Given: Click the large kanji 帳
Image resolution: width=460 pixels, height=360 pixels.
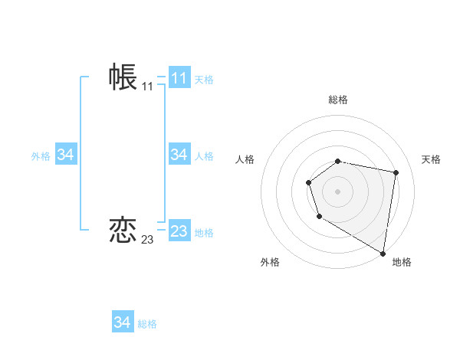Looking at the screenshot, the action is (x=123, y=77).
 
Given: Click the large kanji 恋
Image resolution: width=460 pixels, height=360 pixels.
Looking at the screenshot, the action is (x=123, y=230).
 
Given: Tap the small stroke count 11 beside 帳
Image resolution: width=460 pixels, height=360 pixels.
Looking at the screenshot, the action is (x=147, y=87).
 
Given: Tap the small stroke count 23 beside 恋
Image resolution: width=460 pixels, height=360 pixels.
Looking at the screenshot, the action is (x=147, y=240).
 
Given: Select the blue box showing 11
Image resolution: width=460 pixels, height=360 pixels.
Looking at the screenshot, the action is (x=179, y=78).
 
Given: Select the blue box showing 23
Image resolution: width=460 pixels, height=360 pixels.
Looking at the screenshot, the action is (x=179, y=231).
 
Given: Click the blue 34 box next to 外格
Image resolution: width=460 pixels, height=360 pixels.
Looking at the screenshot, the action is (x=65, y=155).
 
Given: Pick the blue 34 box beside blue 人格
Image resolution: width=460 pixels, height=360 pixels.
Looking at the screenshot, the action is (x=179, y=155).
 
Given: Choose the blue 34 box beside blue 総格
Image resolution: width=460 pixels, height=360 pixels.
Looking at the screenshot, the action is (x=123, y=322).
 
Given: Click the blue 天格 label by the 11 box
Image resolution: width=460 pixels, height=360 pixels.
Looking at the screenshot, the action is (x=204, y=79).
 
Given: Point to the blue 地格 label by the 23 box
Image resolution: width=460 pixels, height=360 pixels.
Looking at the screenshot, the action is (x=204, y=232).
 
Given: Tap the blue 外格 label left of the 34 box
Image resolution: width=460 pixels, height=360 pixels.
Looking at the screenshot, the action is (x=41, y=155).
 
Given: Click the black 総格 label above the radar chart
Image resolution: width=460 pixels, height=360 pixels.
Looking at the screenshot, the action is (x=338, y=100).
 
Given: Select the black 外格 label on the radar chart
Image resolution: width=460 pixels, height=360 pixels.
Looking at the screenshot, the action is (x=270, y=262).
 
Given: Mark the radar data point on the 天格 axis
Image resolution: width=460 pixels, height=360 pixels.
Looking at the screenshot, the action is (x=396, y=172).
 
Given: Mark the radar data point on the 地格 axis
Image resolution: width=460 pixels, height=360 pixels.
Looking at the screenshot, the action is (x=383, y=253).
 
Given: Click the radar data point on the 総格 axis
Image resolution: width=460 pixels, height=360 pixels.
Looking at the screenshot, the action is (x=338, y=161).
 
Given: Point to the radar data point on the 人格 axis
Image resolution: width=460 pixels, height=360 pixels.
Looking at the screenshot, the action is (x=308, y=182).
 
